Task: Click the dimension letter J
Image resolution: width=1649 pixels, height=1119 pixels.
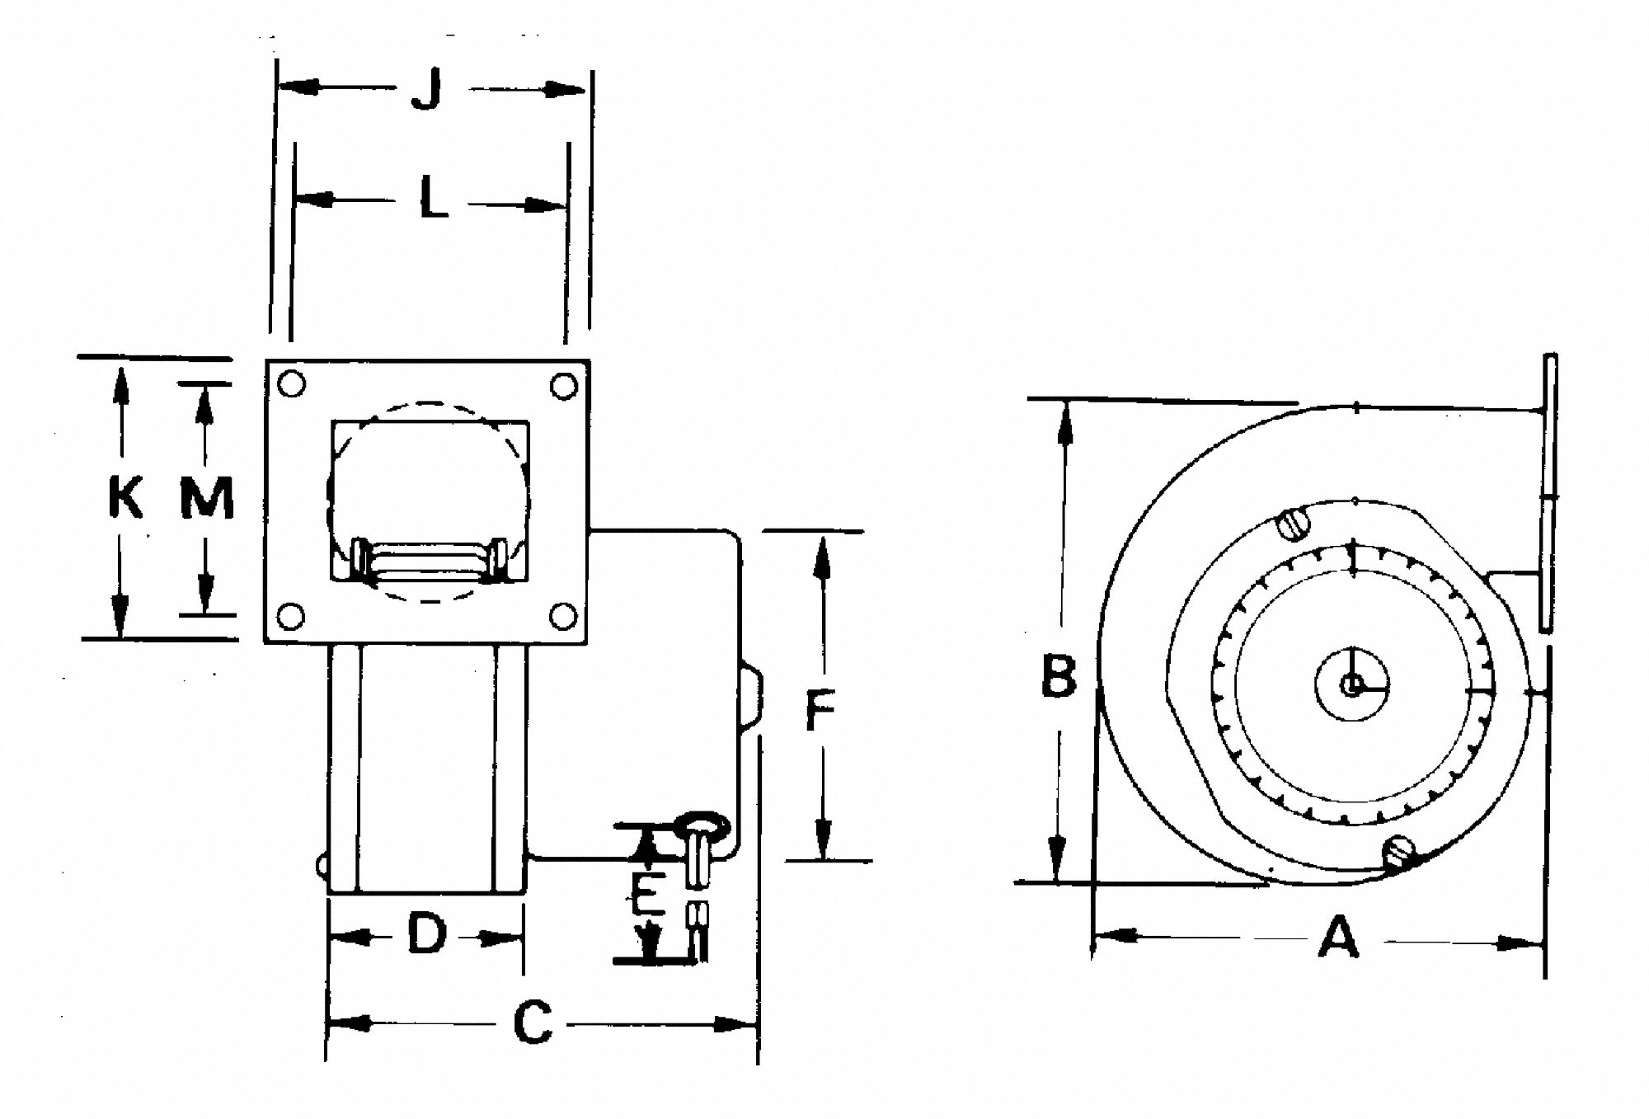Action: (x=427, y=90)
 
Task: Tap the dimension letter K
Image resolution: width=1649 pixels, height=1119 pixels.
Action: (x=124, y=498)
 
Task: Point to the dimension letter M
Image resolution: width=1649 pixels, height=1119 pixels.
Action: (x=206, y=498)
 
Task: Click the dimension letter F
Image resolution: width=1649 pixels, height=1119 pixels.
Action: (x=820, y=711)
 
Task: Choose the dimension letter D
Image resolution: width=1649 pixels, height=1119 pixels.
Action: (x=426, y=935)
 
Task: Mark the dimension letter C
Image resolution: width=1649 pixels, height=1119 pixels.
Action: (x=533, y=1023)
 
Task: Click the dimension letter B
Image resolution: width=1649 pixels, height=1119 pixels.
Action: (x=1059, y=675)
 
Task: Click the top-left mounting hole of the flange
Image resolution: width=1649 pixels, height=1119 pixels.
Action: (x=293, y=383)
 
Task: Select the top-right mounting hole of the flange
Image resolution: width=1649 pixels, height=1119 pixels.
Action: (x=564, y=385)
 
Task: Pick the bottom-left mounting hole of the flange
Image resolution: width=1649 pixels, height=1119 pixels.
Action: (x=291, y=615)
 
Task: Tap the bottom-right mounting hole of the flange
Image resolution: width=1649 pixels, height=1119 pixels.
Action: (x=563, y=615)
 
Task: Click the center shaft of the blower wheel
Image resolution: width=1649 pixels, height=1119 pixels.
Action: (x=1351, y=684)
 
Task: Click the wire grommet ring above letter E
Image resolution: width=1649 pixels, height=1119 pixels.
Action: (x=702, y=824)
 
